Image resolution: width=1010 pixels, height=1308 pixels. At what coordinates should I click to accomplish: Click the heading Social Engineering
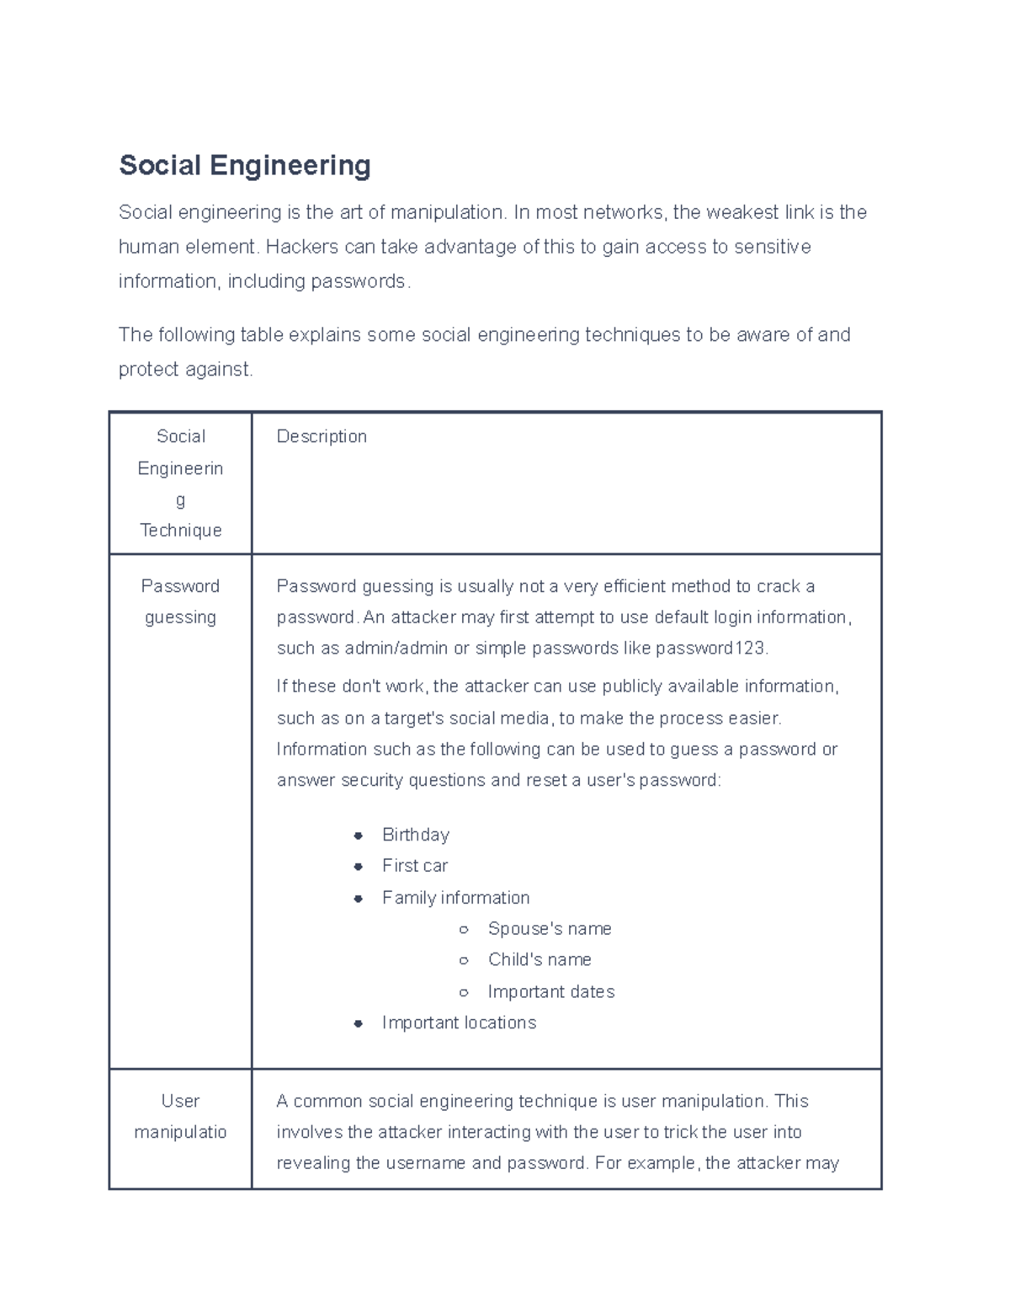pyautogui.click(x=244, y=165)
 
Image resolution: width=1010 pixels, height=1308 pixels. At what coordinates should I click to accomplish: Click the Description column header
pyautogui.click(x=322, y=436)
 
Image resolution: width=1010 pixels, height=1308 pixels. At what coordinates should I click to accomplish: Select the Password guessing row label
pyautogui.click(x=180, y=601)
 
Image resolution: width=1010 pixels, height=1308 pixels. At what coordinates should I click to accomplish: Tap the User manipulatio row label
pyautogui.click(x=180, y=1116)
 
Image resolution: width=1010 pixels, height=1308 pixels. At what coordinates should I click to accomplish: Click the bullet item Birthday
pyautogui.click(x=415, y=835)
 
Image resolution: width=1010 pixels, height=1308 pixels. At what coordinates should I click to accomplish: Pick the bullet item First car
pyautogui.click(x=414, y=866)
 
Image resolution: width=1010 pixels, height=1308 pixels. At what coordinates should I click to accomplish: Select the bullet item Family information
pyautogui.click(x=455, y=898)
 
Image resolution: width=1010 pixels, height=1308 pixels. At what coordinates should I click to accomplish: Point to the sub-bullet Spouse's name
pyautogui.click(x=549, y=929)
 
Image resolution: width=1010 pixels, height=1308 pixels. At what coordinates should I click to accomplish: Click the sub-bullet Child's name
pyautogui.click(x=539, y=960)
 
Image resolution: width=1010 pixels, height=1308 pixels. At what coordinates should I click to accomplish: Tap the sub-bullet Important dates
pyautogui.click(x=550, y=992)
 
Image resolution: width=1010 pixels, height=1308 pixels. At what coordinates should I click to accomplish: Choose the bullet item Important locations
pyautogui.click(x=459, y=1022)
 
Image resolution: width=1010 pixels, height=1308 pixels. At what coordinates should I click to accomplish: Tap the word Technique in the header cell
pyautogui.click(x=180, y=531)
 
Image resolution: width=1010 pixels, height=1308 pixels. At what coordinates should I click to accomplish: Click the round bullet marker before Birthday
pyautogui.click(x=359, y=836)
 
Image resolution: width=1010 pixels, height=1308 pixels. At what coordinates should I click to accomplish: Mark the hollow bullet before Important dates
pyautogui.click(x=464, y=993)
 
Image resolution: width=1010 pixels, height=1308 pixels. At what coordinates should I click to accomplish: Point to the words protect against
pyautogui.click(x=184, y=370)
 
